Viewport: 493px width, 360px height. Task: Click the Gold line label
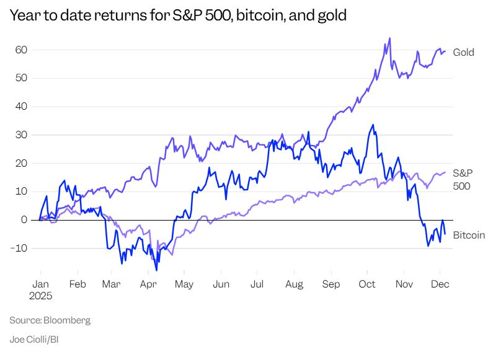(x=463, y=53)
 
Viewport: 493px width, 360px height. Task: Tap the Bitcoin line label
(x=469, y=235)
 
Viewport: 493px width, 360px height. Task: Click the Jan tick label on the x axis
(x=40, y=284)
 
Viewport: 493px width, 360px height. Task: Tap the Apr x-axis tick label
(x=148, y=284)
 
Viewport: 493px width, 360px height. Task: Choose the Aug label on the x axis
(x=295, y=284)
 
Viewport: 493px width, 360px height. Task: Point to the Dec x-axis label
(x=440, y=284)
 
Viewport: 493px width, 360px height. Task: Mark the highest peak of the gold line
(x=389, y=38)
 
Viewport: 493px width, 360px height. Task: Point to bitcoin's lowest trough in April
(x=156, y=270)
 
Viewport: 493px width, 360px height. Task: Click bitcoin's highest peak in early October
(x=372, y=125)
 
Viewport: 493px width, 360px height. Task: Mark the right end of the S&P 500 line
(x=445, y=172)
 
